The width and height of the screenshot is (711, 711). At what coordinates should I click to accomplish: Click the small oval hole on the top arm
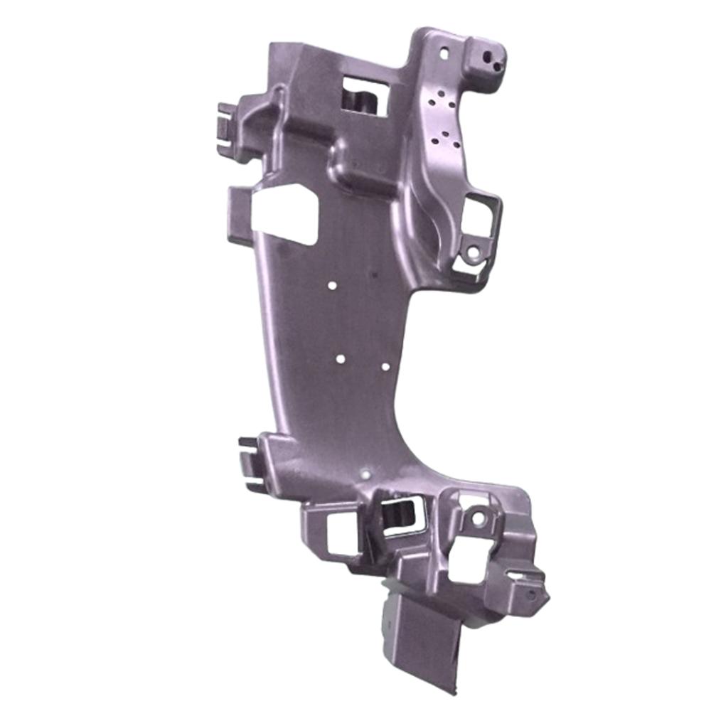pos(446,53)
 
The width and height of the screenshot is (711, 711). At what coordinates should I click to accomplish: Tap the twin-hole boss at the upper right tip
pos(488,58)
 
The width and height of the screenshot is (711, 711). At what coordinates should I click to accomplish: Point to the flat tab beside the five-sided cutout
pos(239,206)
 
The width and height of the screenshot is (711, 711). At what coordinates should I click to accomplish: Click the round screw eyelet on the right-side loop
pos(471,252)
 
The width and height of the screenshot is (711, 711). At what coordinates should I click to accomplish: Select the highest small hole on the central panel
pos(332,286)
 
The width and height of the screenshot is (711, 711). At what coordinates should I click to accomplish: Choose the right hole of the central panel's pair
pos(385,367)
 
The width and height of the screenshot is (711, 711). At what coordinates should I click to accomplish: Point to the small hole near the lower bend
pos(365,471)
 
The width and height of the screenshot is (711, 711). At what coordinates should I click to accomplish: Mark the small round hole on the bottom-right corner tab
pos(530,593)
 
